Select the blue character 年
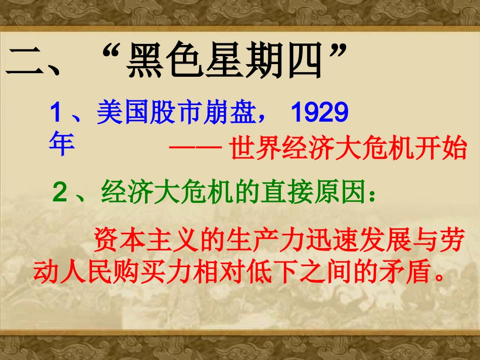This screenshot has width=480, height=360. (62, 144)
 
